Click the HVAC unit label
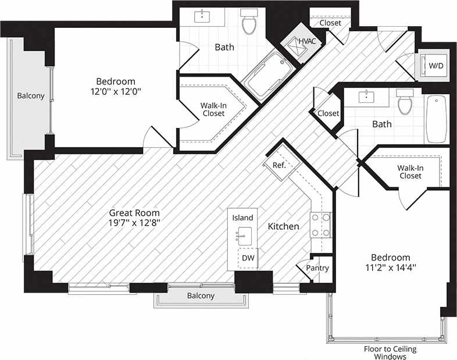pos(306,41)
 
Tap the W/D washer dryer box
pos(435,66)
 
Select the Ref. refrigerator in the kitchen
pos(279,165)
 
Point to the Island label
pos(242,218)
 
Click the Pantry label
pos(318,268)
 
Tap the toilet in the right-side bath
pos(405,103)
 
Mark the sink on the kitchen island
pos(242,236)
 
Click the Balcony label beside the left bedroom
pos(30,96)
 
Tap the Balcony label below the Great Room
pos(201,295)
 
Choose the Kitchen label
pos(283,226)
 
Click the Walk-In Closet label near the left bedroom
pos(213,109)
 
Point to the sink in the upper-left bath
pos(203,15)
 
